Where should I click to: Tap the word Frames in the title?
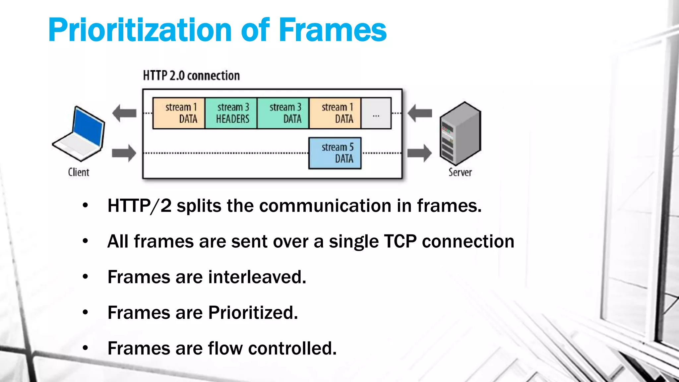(333, 31)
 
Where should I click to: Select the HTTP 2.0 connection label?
(191, 76)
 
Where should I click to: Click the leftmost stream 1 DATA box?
(179, 113)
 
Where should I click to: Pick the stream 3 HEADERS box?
(231, 113)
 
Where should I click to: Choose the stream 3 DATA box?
(283, 113)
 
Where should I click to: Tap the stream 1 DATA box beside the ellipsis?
(335, 113)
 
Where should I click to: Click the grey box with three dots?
(376, 113)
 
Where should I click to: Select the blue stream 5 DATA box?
(335, 153)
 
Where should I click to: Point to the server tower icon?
(460, 133)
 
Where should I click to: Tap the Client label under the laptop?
(79, 172)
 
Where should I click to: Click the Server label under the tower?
(460, 172)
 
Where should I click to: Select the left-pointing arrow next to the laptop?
(124, 113)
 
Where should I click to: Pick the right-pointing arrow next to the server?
(419, 153)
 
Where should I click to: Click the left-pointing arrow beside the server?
(419, 113)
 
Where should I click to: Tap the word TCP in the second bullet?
(400, 241)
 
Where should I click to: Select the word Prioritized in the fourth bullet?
(253, 313)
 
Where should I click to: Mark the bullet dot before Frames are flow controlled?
(86, 348)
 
